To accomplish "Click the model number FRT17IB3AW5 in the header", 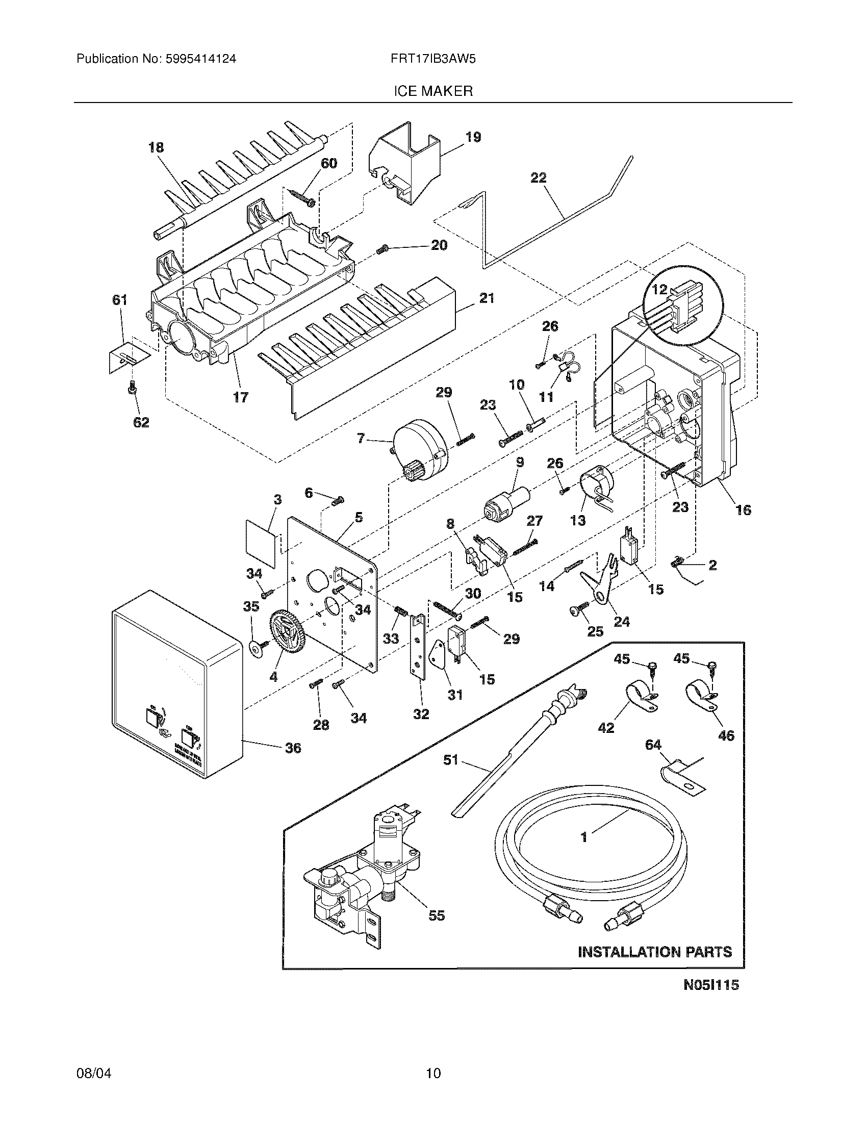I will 432,59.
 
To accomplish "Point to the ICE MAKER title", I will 433,91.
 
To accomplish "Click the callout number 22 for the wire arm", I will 538,178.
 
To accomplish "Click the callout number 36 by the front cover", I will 293,748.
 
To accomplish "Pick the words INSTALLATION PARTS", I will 655,952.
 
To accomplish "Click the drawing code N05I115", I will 711,999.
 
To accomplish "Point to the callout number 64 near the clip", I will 653,745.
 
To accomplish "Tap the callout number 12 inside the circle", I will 659,289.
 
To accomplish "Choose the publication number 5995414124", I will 201,59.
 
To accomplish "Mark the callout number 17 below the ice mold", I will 240,397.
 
